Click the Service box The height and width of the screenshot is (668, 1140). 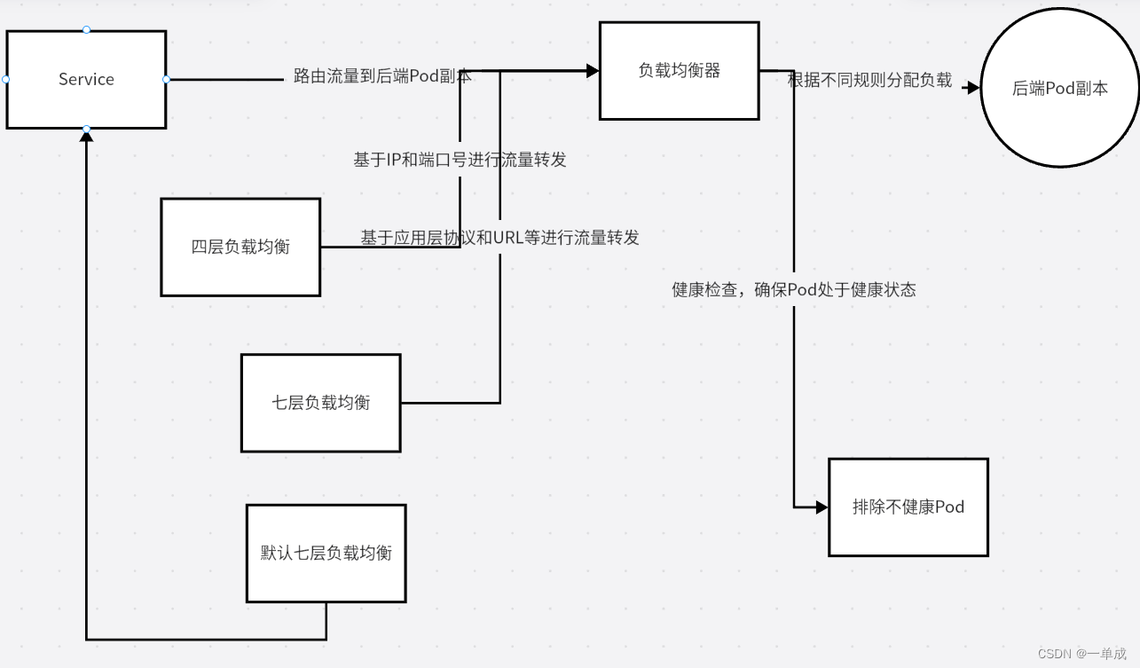click(86, 79)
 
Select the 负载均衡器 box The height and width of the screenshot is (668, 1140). click(679, 70)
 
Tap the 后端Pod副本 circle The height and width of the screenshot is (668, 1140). click(1060, 88)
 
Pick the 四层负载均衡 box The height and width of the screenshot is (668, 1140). click(240, 247)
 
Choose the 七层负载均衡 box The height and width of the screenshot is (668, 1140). click(320, 403)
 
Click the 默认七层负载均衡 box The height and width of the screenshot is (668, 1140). click(326, 553)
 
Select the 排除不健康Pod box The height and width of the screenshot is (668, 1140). click(908, 507)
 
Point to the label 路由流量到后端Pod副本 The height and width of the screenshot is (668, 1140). click(382, 77)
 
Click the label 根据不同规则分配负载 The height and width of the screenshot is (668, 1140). click(869, 81)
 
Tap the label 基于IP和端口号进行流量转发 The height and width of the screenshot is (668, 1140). click(460, 160)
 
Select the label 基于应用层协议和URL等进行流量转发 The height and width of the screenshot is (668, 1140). click(499, 238)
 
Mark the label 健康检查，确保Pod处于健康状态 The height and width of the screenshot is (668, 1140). click(794, 289)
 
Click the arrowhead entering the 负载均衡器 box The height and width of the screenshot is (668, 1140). click(593, 71)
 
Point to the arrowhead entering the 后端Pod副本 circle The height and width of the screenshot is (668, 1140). click(973, 88)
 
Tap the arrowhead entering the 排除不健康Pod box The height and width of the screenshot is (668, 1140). click(822, 507)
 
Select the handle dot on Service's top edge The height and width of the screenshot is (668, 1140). click(86, 30)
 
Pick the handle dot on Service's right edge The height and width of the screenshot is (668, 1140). click(166, 79)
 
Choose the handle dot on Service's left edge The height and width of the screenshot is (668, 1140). click(6, 79)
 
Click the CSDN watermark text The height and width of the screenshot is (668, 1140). click(1081, 653)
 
